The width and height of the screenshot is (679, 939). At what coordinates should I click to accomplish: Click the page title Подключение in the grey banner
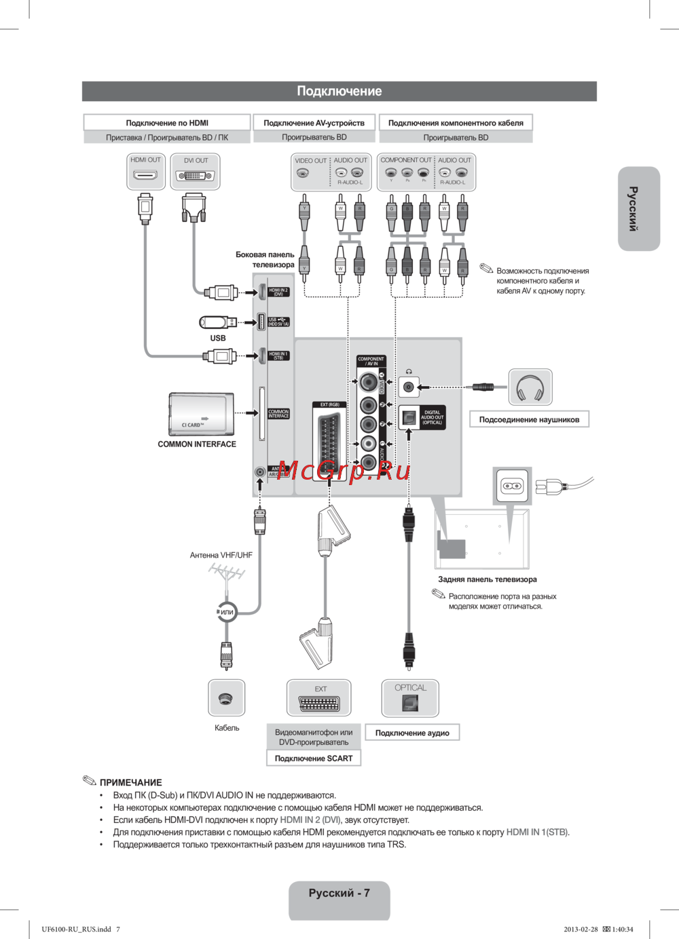point(339,91)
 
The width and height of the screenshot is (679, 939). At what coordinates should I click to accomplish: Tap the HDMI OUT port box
point(146,171)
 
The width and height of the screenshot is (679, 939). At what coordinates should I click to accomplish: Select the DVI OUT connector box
point(196,172)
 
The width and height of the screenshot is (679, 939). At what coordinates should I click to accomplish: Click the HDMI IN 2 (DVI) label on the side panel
point(278,292)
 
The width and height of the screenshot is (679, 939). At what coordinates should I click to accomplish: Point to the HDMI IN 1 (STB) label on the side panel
point(278,356)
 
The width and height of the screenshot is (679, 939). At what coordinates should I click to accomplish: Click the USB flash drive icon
point(217,322)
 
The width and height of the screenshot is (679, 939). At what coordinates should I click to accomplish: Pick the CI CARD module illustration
point(202,415)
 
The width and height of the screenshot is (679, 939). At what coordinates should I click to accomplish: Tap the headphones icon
point(530,388)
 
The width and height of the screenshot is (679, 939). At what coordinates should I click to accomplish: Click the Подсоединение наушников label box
point(529,420)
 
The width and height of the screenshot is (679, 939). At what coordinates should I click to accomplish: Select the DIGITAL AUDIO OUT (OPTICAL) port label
point(432,417)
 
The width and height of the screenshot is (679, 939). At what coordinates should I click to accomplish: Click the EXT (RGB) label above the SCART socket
point(329,404)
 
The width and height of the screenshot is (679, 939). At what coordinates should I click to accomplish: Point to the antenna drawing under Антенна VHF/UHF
point(226,574)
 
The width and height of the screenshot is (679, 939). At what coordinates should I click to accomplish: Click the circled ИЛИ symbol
point(226,612)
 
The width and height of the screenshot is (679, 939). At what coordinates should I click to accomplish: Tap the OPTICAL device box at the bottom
point(410,699)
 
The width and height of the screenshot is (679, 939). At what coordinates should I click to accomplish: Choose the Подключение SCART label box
point(314,759)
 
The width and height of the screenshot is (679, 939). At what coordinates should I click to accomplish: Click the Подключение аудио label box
point(412,733)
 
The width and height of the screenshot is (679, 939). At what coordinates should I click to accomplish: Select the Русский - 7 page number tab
point(339,894)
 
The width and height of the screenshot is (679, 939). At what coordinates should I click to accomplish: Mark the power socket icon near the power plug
point(513,486)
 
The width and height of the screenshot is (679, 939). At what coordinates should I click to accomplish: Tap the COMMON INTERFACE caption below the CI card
point(197,444)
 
